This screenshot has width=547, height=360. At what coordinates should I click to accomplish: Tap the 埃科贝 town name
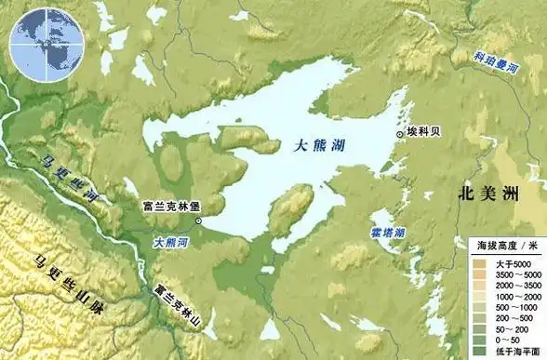(x=424, y=133)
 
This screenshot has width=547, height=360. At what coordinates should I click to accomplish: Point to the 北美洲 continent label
(x=488, y=194)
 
